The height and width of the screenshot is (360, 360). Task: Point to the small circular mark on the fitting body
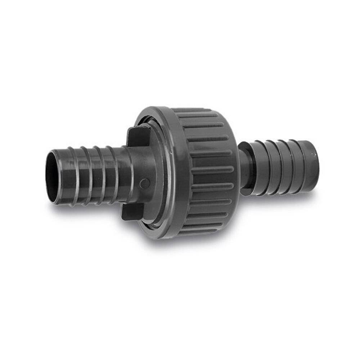pos(144,183)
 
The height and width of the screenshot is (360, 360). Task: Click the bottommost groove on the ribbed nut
pos(202,230)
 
